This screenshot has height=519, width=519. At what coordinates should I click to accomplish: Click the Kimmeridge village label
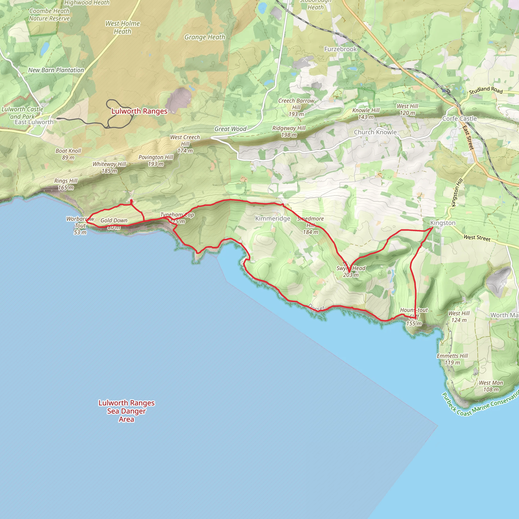[x=273, y=218]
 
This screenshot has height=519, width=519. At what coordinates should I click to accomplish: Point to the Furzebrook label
[x=340, y=49]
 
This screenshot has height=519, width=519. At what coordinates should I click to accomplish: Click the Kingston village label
[x=443, y=223]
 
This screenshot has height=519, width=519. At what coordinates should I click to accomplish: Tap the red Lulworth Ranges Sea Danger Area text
[x=126, y=411]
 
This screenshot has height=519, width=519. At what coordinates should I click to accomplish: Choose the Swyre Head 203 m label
[x=351, y=271]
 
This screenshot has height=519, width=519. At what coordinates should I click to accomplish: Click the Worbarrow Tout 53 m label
[x=80, y=225]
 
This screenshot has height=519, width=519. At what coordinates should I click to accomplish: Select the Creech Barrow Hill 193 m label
[x=296, y=107]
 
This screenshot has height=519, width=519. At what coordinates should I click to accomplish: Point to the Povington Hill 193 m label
[x=156, y=160]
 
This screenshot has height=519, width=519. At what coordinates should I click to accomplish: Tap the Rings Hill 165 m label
[x=66, y=184]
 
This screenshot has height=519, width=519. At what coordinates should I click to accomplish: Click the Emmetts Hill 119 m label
[x=452, y=359]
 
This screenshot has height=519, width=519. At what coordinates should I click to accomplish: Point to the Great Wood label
[x=230, y=129]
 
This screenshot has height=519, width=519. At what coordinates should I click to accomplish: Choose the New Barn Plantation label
[x=56, y=70]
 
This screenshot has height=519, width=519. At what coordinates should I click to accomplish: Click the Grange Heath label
[x=205, y=37]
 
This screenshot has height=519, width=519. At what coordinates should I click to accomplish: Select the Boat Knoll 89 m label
[x=68, y=154]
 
